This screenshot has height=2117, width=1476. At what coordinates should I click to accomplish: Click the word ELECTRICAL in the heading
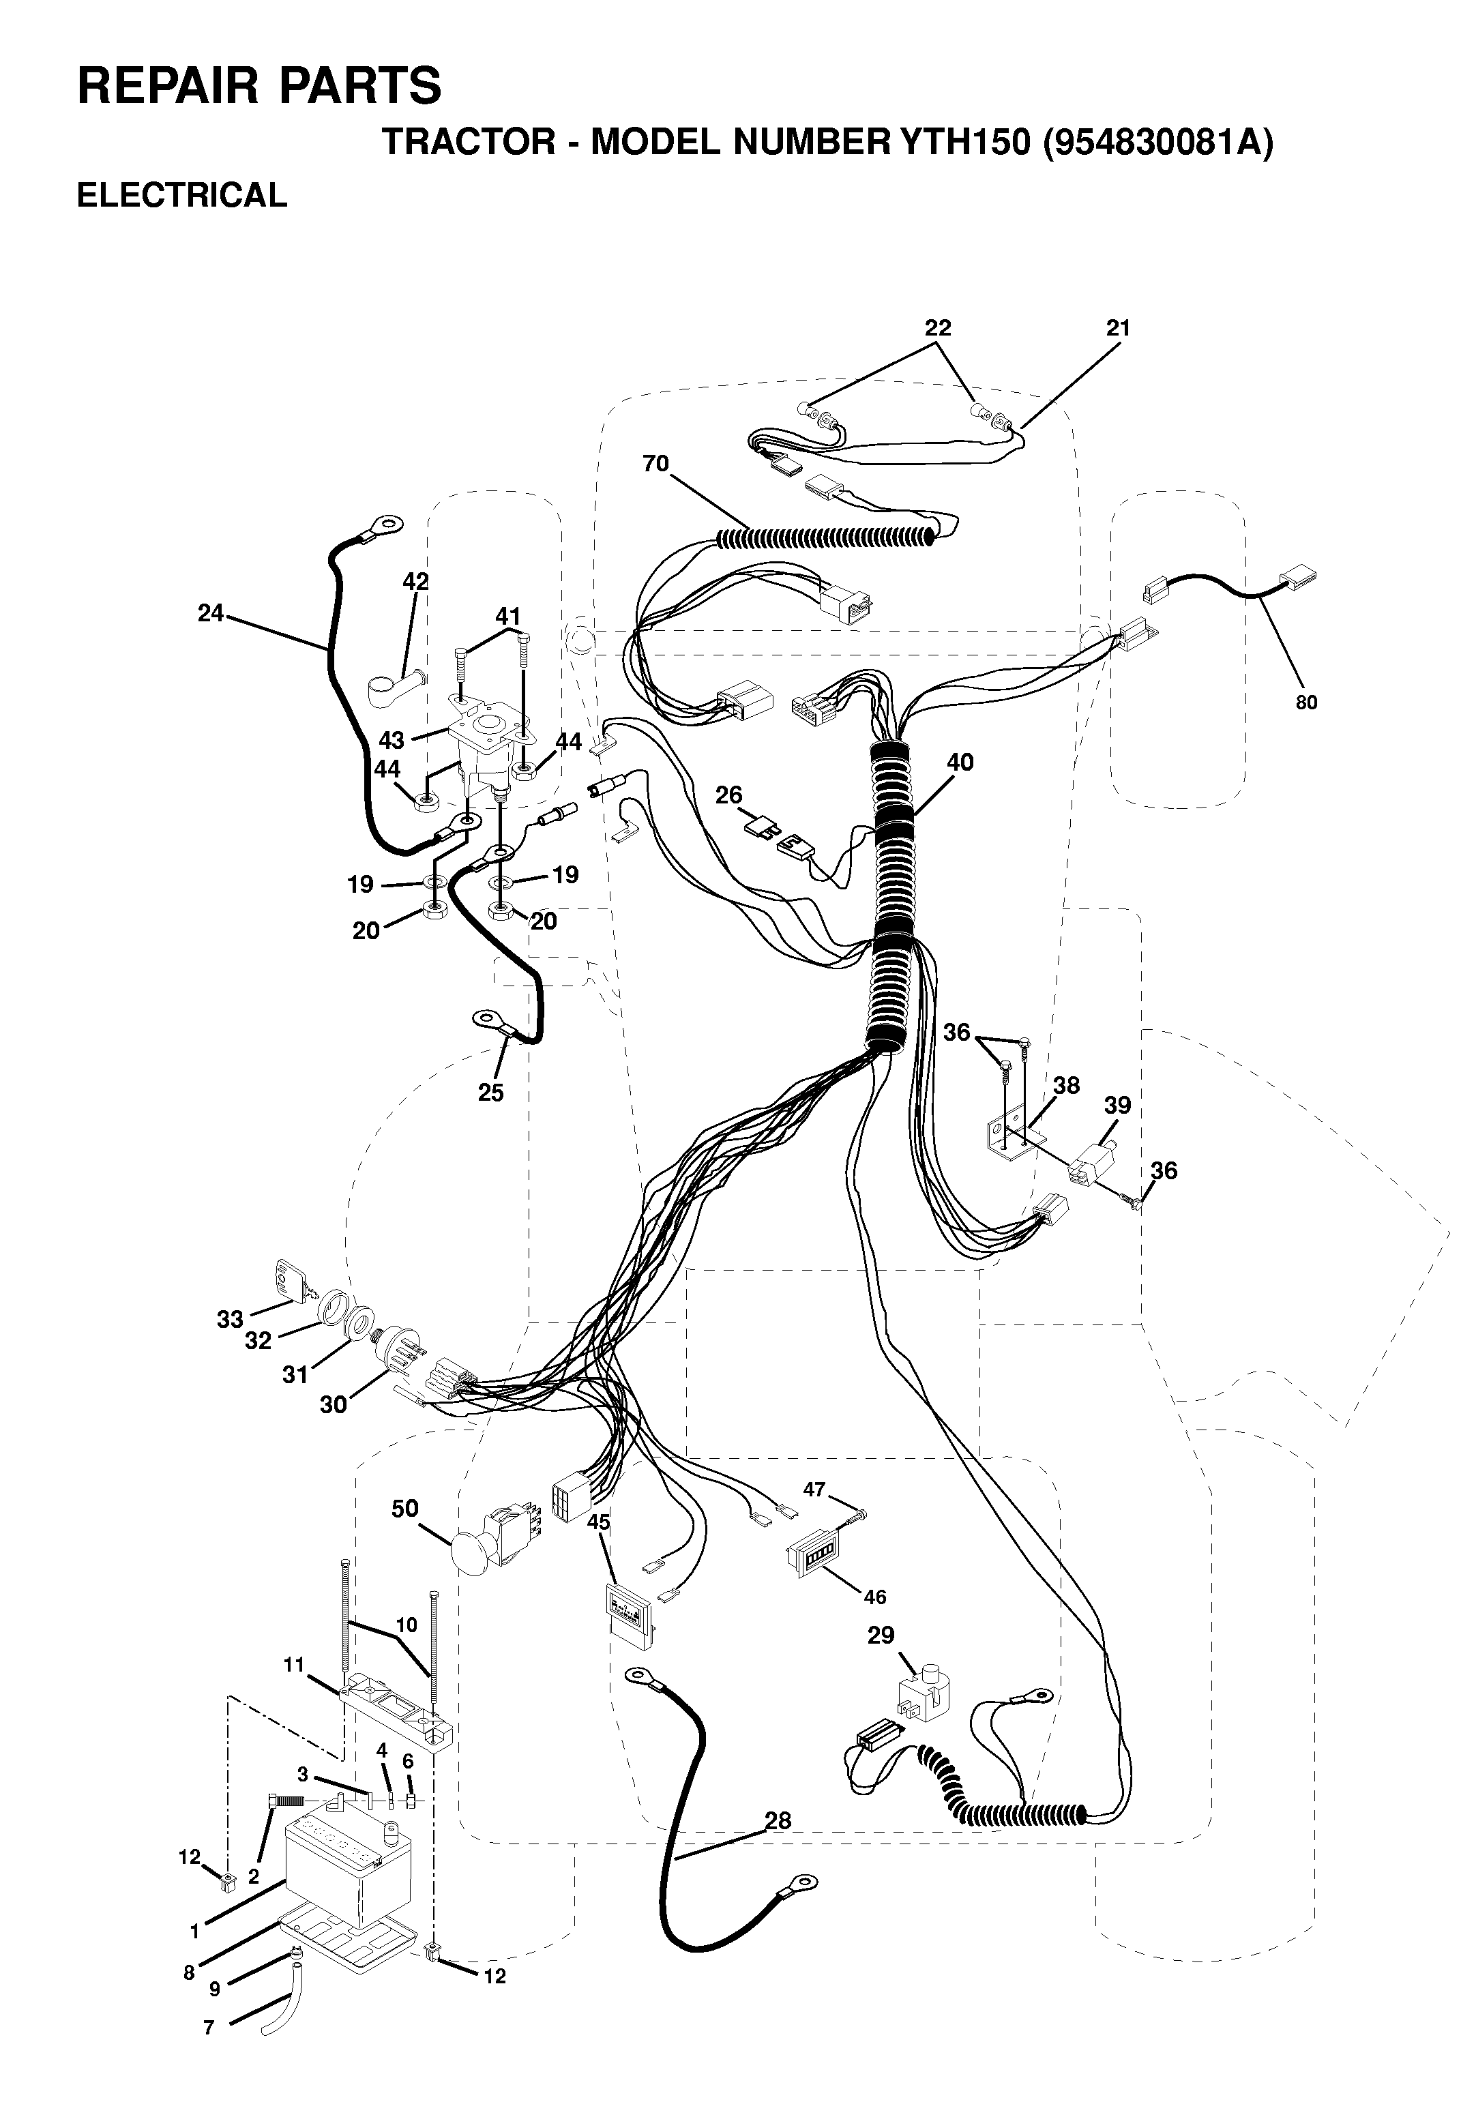pyautogui.click(x=181, y=196)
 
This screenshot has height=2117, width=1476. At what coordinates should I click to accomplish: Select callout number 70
pyautogui.click(x=655, y=464)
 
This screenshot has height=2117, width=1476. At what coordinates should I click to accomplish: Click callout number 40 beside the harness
pyautogui.click(x=960, y=763)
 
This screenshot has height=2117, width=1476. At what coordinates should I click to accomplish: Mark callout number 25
pyautogui.click(x=490, y=1093)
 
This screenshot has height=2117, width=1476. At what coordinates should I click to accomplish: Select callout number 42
pyautogui.click(x=416, y=582)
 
